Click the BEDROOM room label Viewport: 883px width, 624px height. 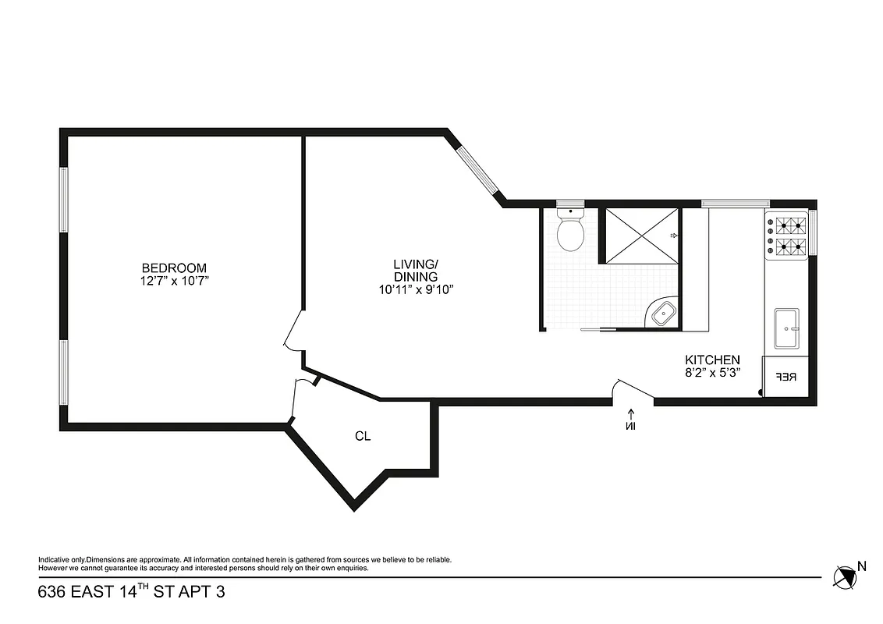(179, 267)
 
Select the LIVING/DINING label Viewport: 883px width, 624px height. (415, 270)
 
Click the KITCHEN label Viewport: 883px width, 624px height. (712, 360)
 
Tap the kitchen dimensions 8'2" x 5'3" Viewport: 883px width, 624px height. (712, 373)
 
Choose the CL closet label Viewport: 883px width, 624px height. (363, 436)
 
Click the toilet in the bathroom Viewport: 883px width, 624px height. (571, 231)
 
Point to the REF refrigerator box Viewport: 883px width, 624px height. (785, 377)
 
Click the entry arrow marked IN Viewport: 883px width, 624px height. (631, 419)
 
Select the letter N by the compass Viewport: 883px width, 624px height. (862, 567)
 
